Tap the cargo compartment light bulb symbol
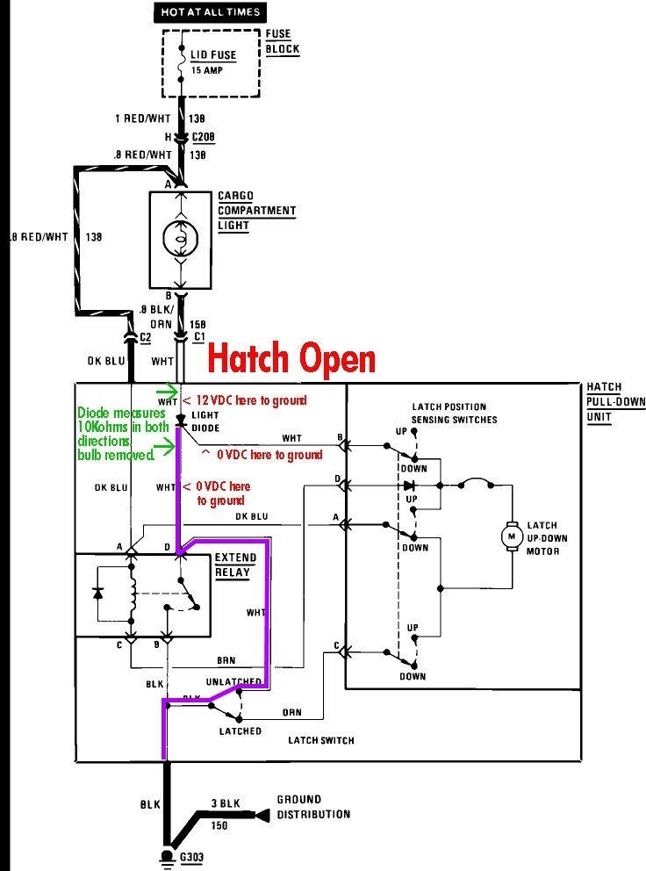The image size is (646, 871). point(182,236)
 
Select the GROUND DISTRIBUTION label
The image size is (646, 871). point(313,806)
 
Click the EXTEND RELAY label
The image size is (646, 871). point(236,565)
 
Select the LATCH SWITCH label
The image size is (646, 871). point(321,740)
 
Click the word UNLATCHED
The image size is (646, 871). point(233,681)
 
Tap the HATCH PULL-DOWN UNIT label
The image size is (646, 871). point(607,401)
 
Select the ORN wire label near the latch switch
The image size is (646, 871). point(292,712)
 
